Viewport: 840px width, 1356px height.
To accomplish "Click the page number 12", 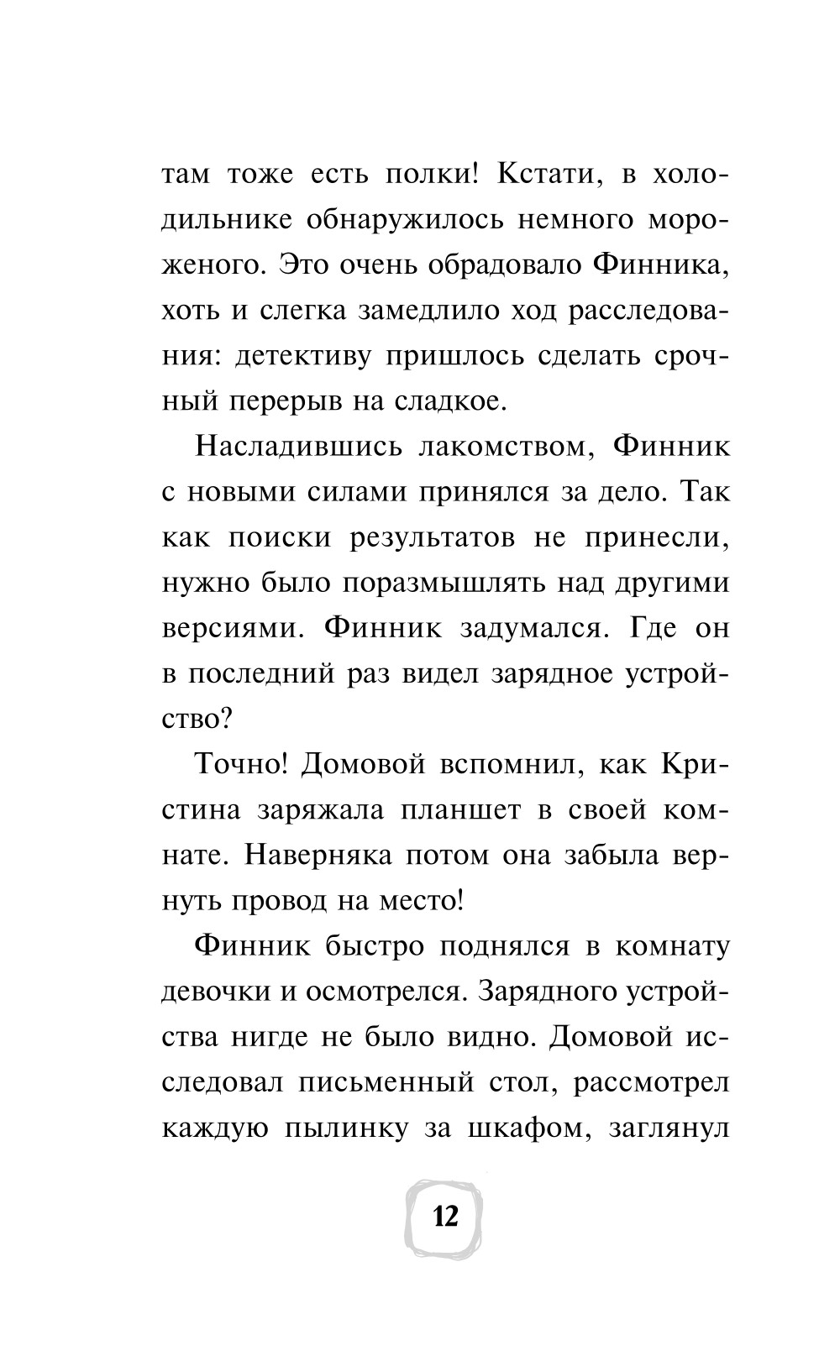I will coord(445,1215).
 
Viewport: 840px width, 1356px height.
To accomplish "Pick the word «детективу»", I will coord(293,356).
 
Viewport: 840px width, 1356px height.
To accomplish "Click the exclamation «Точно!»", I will coord(230,764).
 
